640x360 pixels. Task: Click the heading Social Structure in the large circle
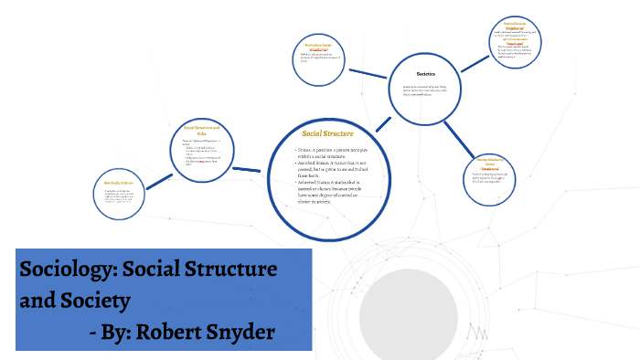(x=327, y=134)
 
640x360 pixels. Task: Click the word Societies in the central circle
(x=426, y=73)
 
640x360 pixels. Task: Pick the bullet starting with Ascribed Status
(x=334, y=169)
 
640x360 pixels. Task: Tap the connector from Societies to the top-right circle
(x=474, y=63)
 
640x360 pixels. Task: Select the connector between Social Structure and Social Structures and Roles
(x=248, y=170)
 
